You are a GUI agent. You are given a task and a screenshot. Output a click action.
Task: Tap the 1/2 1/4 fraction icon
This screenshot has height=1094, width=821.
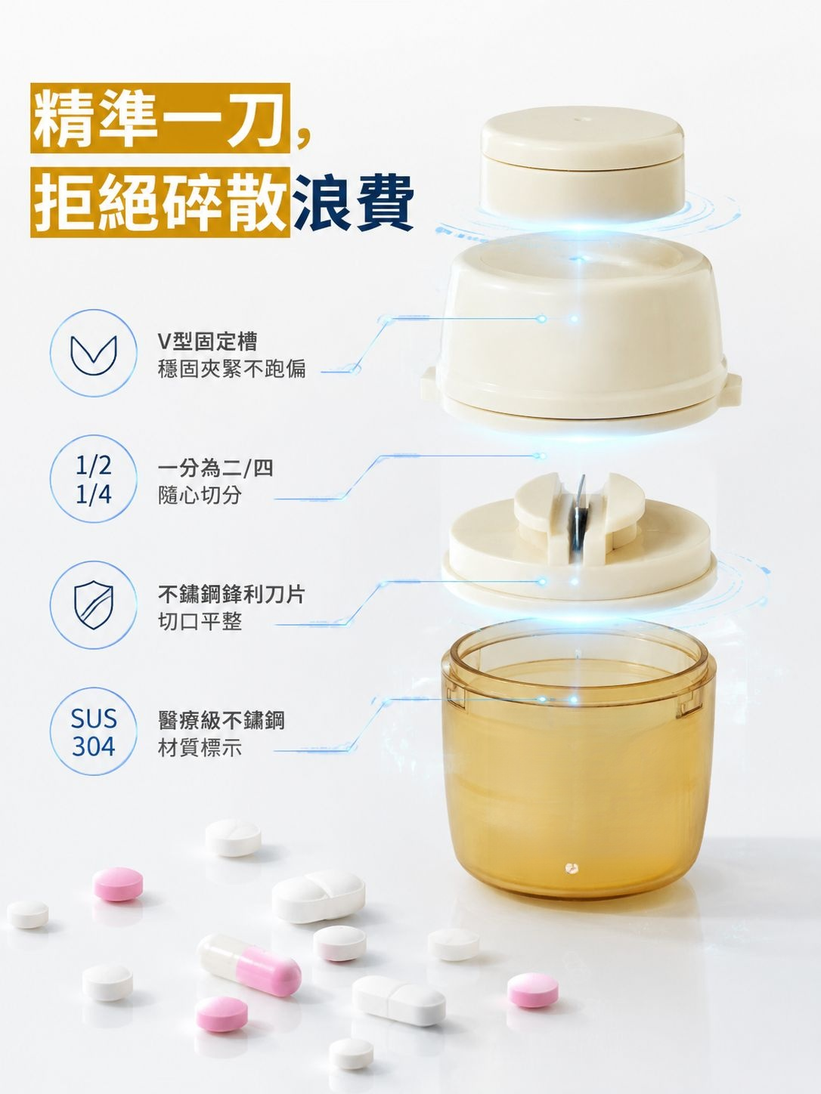click(x=93, y=479)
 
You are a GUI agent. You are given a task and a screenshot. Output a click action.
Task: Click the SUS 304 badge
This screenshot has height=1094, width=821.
click(x=93, y=731)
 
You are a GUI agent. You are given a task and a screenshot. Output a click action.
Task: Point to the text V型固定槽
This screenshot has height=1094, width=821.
click(x=207, y=341)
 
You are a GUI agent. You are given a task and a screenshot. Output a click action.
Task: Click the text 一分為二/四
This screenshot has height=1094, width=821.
click(x=215, y=468)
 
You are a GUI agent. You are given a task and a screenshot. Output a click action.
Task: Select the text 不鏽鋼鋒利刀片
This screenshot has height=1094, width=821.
click(x=231, y=594)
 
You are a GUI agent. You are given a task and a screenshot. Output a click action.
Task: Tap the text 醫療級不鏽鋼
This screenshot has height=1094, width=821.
click(x=221, y=720)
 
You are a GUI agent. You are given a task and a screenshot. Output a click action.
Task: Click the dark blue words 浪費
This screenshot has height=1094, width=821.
click(x=353, y=202)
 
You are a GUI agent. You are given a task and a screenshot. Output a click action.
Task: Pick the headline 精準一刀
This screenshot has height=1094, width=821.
click(x=160, y=118)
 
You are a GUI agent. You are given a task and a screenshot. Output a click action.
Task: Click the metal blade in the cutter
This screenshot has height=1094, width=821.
click(x=579, y=512)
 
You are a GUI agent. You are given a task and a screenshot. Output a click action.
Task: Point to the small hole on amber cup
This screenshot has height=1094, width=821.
click(x=572, y=869)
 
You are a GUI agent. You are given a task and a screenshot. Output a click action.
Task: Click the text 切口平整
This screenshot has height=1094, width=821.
click(x=200, y=622)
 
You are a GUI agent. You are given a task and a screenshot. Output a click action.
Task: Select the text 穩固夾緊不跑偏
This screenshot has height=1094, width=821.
click(x=231, y=369)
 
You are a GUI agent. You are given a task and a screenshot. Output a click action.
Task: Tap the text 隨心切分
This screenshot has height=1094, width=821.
click(x=200, y=496)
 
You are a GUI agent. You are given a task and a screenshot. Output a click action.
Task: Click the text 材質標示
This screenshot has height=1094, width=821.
click(x=200, y=748)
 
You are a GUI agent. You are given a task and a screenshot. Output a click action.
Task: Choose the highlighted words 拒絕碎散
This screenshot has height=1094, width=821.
click(x=160, y=202)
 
